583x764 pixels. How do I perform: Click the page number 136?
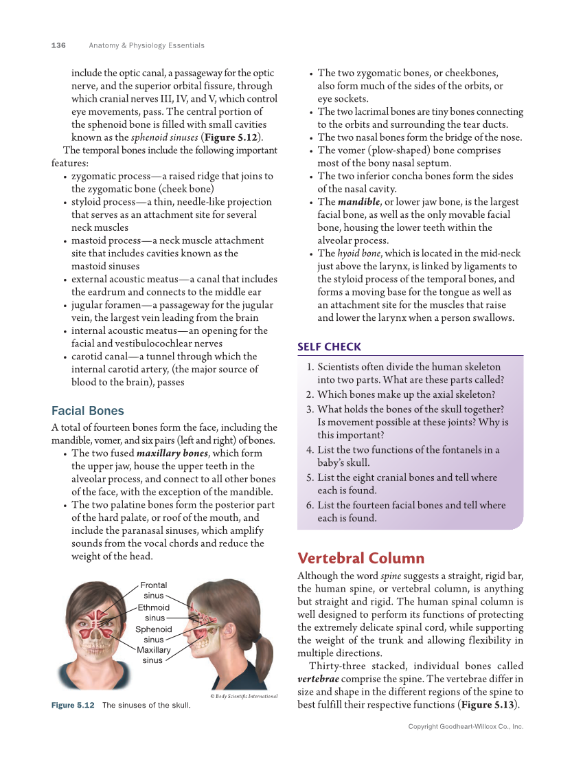click(58, 45)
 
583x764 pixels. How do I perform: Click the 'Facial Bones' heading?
click(88, 411)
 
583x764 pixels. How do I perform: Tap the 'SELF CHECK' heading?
click(329, 347)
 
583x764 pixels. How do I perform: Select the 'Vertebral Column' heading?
click(361, 558)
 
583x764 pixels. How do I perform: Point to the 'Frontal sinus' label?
click(153, 590)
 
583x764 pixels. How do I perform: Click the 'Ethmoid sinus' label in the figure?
click(153, 612)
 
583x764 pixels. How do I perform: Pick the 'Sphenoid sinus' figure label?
click(153, 634)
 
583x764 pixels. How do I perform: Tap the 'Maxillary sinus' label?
click(153, 655)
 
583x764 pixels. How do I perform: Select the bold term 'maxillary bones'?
click(172, 453)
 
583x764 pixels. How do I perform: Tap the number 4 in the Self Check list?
click(310, 450)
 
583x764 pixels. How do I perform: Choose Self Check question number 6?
click(310, 505)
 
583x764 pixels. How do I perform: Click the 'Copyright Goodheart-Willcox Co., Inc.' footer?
click(466, 726)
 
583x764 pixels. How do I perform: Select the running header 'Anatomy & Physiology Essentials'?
click(146, 45)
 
